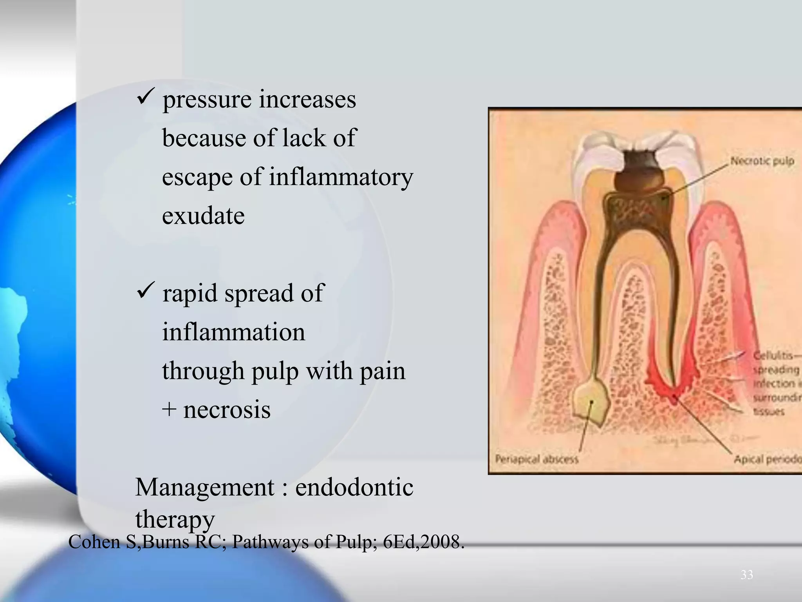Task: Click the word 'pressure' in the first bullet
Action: pyautogui.click(x=206, y=100)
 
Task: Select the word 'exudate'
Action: pyautogui.click(x=203, y=216)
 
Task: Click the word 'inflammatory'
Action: pyautogui.click(x=341, y=177)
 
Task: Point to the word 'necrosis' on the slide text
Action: pyautogui.click(x=227, y=410)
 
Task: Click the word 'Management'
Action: pyautogui.click(x=204, y=488)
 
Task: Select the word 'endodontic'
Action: pyautogui.click(x=354, y=488)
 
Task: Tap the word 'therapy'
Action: pyautogui.click(x=175, y=520)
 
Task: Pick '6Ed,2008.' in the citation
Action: pyautogui.click(x=423, y=542)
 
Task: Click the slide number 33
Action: pyautogui.click(x=746, y=575)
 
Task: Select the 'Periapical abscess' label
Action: pyautogui.click(x=536, y=459)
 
